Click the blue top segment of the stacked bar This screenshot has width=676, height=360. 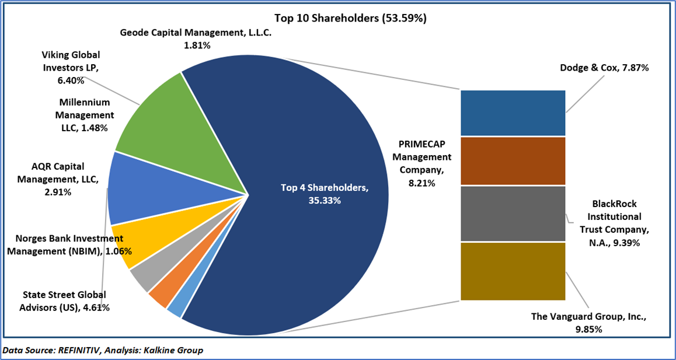[x=513, y=113]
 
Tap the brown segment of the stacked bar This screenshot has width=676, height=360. [x=513, y=161]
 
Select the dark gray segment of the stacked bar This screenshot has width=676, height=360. [x=513, y=214]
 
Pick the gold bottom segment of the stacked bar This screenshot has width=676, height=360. [x=513, y=271]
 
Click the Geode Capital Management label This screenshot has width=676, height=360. [x=196, y=39]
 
